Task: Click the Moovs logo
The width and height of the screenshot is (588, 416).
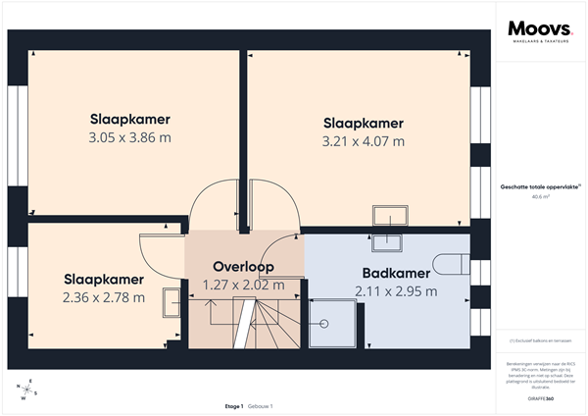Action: click(533, 29)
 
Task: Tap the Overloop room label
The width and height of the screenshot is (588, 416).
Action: click(243, 266)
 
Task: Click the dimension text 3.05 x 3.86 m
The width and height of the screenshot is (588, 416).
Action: click(129, 137)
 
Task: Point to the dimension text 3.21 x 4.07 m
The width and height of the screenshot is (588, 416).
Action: click(364, 141)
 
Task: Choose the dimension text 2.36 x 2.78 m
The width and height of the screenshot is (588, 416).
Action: click(104, 297)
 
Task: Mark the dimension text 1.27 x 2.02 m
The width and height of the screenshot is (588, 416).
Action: click(243, 285)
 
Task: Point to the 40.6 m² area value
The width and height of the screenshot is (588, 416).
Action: click(540, 196)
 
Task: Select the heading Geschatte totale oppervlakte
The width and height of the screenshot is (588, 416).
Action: click(539, 185)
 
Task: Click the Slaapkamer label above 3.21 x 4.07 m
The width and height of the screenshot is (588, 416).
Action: click(364, 123)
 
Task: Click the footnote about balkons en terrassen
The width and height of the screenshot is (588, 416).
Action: click(540, 340)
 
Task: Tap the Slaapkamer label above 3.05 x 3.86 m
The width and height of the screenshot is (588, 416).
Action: click(129, 119)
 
